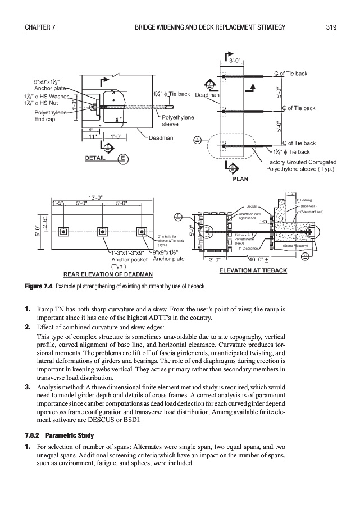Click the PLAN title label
click(240, 180)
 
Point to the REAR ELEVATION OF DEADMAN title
click(108, 274)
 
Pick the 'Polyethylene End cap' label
click(51, 116)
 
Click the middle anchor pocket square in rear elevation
click(102, 232)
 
